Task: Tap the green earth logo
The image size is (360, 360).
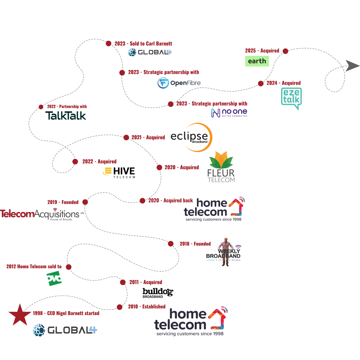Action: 257,61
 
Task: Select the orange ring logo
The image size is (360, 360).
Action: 199,137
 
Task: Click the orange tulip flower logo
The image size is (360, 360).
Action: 220,160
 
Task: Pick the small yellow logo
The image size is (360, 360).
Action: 107,172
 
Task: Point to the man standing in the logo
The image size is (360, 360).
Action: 225,251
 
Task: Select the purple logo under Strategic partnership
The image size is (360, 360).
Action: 229,112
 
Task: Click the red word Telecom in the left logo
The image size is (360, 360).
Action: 17,214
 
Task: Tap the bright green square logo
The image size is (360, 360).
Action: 53,279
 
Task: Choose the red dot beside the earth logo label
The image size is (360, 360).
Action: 285,51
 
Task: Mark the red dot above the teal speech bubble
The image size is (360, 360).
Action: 261,83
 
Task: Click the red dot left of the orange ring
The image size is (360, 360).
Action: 126,138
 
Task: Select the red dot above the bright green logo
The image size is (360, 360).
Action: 69,267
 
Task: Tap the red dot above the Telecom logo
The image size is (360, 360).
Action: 85,202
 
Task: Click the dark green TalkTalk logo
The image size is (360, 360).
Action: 66,115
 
